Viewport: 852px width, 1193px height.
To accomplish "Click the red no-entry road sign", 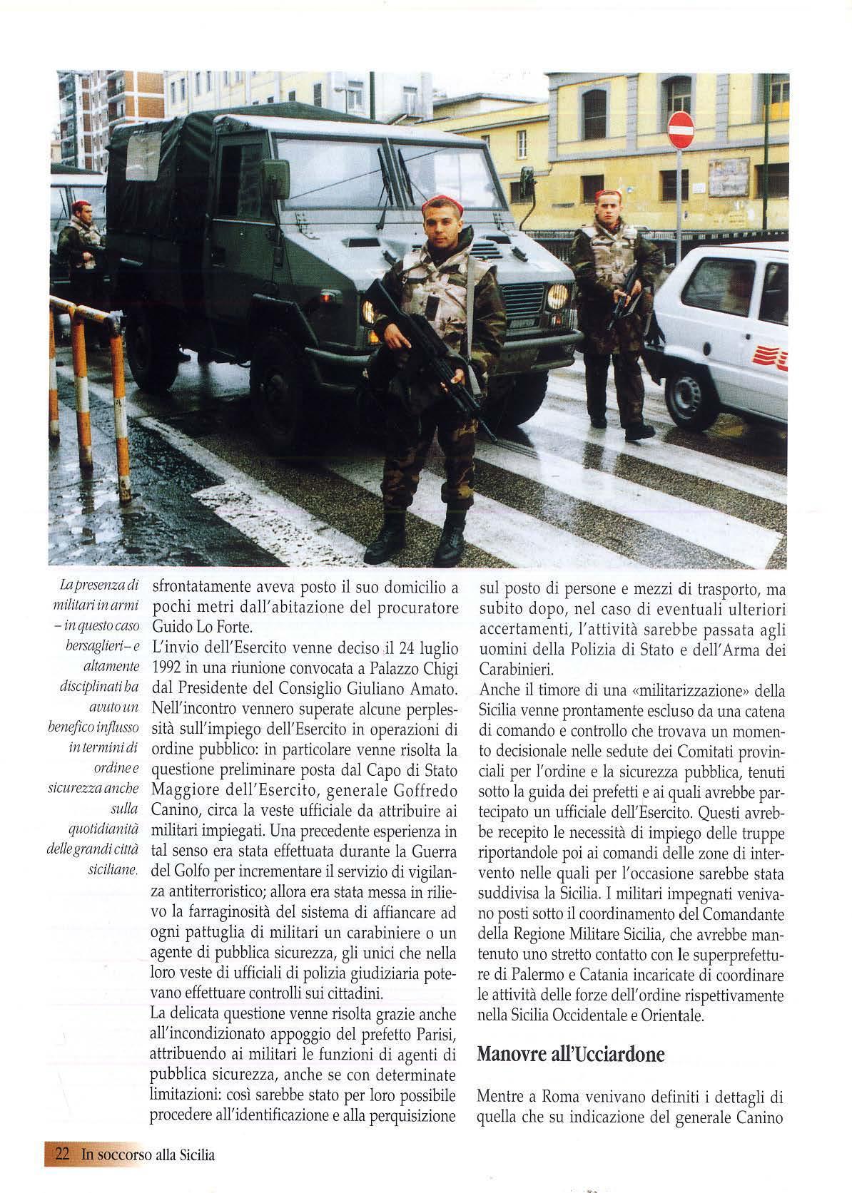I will point(680,129).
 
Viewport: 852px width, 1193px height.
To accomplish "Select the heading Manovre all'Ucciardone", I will point(570,1033).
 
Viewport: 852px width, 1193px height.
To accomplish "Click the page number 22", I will point(61,1153).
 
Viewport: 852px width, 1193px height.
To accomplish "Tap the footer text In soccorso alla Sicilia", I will point(148,1154).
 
